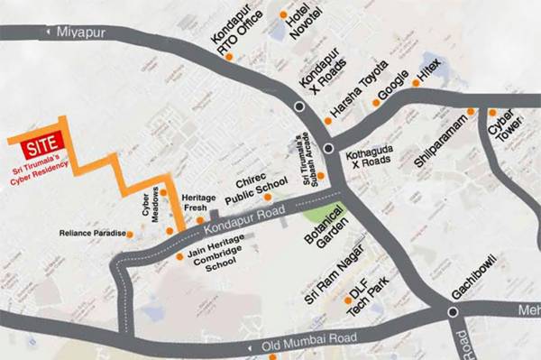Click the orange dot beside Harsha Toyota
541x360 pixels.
(326, 121)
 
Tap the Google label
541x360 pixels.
(394, 83)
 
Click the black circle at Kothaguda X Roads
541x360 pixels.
(330, 148)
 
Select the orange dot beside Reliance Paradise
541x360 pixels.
(130, 235)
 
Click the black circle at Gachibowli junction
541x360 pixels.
(453, 311)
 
